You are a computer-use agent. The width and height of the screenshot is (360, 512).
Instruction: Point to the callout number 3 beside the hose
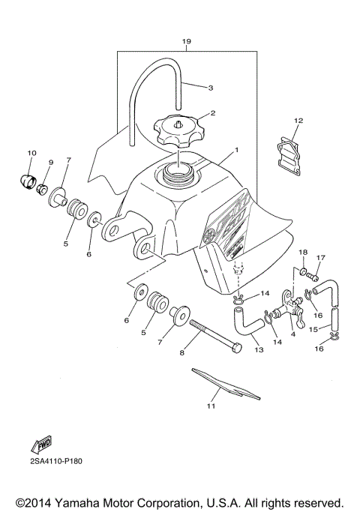point(211,88)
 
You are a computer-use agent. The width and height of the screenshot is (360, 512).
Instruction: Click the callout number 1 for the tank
point(236,150)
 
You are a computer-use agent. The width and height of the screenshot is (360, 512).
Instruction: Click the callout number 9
point(52,163)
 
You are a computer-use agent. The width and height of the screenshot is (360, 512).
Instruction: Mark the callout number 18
point(304,252)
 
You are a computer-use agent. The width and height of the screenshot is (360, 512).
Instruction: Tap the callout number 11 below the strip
point(211,406)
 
